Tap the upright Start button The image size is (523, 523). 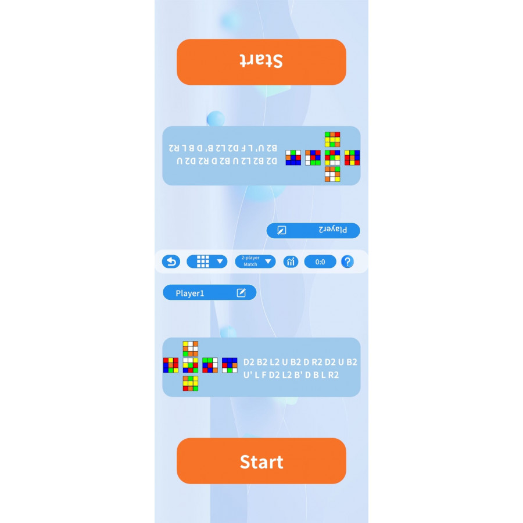[261, 461]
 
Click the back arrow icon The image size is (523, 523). [171, 261]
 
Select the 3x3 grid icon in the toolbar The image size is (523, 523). [203, 261]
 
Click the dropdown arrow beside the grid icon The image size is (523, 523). [220, 262]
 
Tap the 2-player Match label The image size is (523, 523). [250, 261]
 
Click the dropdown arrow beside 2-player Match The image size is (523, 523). [268, 262]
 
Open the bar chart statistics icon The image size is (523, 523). [291, 261]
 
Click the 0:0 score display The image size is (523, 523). [320, 262]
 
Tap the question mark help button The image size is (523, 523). [348, 261]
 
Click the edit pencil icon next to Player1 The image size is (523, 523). [241, 293]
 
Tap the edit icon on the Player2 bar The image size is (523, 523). [281, 230]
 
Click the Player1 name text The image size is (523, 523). [190, 293]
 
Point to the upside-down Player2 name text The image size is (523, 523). [333, 230]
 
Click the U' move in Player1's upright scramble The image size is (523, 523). [249, 375]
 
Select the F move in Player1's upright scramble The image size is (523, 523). [264, 375]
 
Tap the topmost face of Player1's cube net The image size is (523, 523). [191, 348]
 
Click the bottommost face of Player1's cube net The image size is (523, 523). [191, 383]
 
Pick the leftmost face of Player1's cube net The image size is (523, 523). [171, 365]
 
